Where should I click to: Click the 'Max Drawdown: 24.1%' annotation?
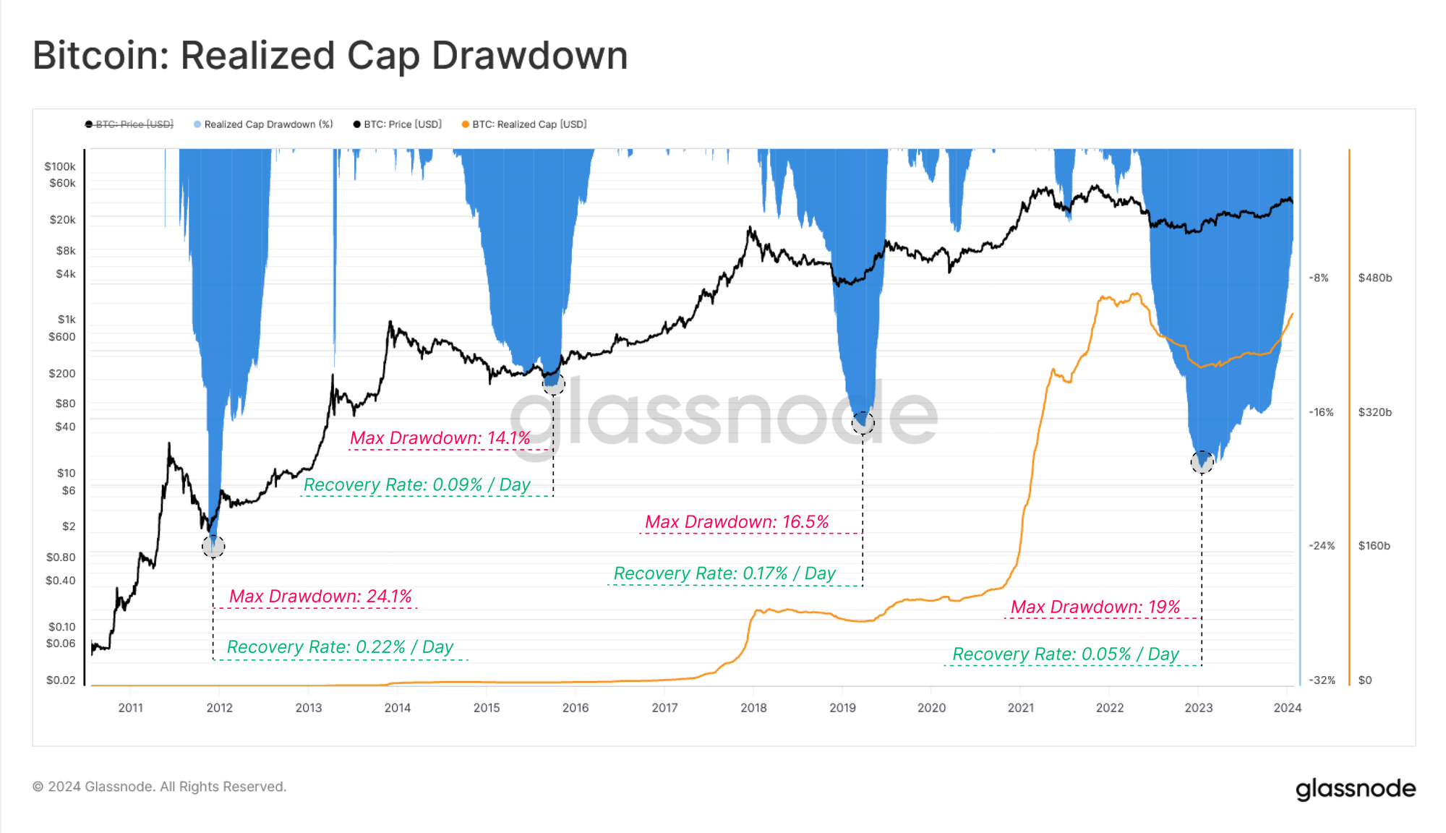320,597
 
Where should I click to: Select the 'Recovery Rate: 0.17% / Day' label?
724,573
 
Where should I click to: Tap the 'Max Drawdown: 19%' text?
1095,607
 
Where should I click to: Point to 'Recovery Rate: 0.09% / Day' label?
417,484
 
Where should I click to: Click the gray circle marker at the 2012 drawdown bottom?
213,546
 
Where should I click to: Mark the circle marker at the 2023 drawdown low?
1202,461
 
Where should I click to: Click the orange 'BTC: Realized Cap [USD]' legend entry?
529,124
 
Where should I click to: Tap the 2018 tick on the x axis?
753,708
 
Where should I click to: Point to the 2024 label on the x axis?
1287,708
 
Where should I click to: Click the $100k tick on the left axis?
60,166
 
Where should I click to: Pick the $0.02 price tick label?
61,680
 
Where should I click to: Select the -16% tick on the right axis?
1321,412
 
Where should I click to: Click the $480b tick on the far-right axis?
1374,278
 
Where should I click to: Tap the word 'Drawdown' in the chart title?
529,56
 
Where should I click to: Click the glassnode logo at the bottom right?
1355,789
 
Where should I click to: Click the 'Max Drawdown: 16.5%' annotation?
737,522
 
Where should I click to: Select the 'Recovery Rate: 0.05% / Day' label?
1065,654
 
